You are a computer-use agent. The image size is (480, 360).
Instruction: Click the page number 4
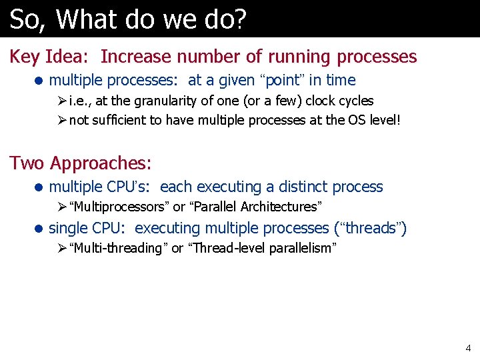tap(467, 348)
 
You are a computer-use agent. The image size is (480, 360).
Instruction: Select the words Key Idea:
tap(49, 57)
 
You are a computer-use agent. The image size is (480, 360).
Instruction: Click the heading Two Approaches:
tap(81, 163)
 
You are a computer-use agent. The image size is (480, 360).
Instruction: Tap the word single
tap(69, 228)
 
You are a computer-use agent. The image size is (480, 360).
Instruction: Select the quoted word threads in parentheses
tap(368, 228)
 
